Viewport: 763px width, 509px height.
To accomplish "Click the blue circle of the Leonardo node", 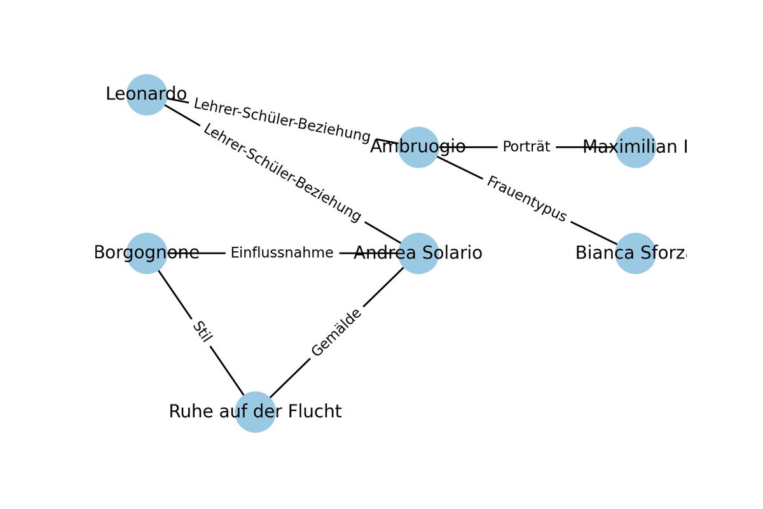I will point(147,95).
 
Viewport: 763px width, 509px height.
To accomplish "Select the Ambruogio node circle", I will point(419,147).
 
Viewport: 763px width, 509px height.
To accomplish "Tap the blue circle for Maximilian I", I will point(635,147).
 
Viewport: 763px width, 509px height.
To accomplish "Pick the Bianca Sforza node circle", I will point(635,253).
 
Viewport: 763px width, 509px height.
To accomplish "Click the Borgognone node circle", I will point(147,253).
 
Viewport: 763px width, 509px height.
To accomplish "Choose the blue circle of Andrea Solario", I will point(419,253).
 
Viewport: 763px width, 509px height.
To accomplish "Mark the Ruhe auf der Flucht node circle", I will point(255,412).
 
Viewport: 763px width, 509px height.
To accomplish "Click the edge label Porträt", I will point(526,147).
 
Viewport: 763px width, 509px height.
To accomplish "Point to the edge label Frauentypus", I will point(526,200).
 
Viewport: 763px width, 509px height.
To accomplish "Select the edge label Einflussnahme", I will point(282,253).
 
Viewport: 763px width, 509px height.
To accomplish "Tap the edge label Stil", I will point(201,332).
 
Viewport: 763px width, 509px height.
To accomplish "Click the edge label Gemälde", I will point(336,332).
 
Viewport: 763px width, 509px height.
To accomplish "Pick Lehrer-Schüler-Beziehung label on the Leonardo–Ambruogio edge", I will point(282,120).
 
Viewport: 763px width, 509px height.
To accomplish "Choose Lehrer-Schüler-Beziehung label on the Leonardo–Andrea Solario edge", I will point(282,173).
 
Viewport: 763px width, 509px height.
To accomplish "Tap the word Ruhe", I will point(188,412).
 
